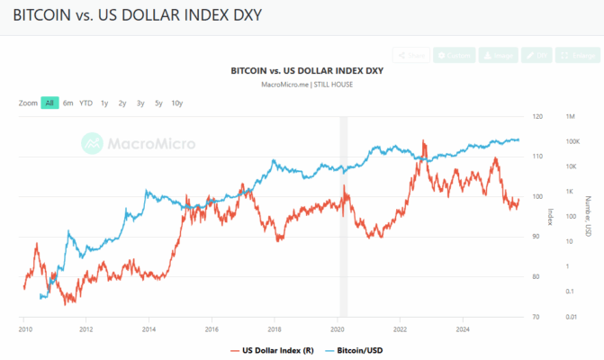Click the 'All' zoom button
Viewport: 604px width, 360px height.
click(x=50, y=103)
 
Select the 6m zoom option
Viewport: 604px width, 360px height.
click(x=68, y=103)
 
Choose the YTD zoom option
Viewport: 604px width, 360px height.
click(x=86, y=103)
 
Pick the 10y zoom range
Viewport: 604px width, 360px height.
click(x=177, y=103)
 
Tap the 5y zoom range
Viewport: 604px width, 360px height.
click(x=158, y=103)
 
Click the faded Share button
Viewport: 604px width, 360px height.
click(x=410, y=55)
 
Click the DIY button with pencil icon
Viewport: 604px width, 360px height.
click(x=537, y=55)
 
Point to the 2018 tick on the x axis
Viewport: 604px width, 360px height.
click(x=275, y=329)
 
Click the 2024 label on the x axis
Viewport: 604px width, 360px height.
click(x=463, y=329)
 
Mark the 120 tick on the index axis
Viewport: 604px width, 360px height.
click(x=537, y=117)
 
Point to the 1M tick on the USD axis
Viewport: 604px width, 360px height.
click(x=571, y=117)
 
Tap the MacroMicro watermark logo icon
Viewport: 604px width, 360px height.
click(x=92, y=142)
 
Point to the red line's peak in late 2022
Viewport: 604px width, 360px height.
click(x=424, y=141)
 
